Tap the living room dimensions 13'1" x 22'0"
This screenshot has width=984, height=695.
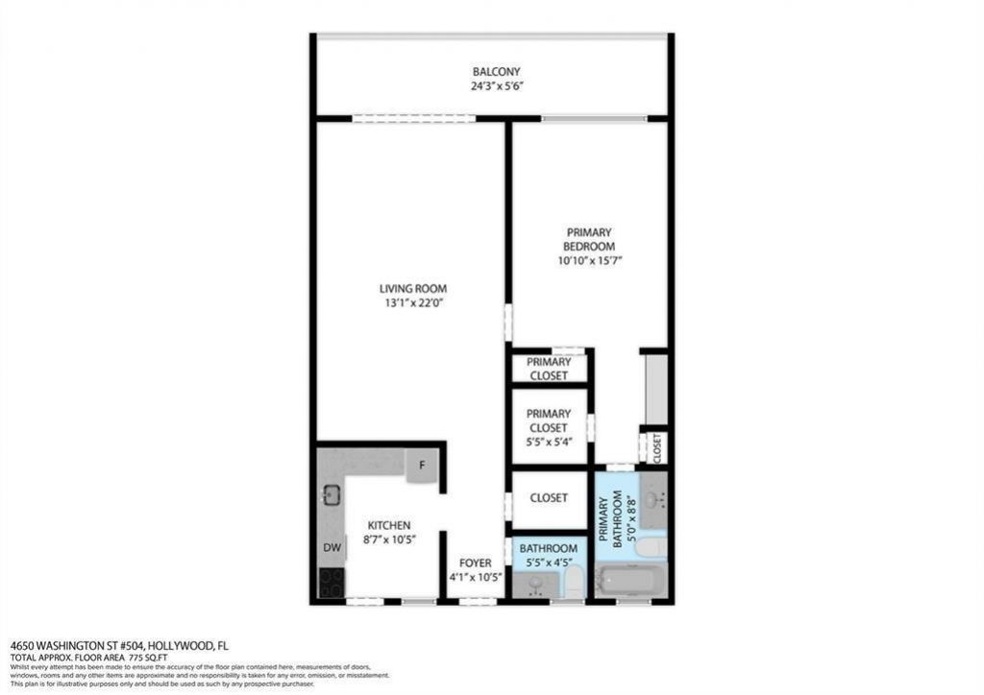tap(413, 303)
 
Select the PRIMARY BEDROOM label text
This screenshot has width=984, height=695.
tap(589, 239)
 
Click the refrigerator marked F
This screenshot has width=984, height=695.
tap(421, 466)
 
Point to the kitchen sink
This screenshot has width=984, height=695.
tap(332, 495)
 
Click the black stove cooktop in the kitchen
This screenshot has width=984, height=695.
tap(331, 583)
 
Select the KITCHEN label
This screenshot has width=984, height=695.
tap(389, 525)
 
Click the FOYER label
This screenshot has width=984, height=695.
tap(475, 563)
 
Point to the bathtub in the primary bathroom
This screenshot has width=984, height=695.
tap(630, 580)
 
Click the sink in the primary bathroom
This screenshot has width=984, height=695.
tap(652, 499)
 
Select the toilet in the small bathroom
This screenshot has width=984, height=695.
tap(574, 581)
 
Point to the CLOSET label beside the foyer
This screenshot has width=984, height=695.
tap(548, 498)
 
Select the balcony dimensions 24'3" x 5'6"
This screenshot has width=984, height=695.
tap(496, 85)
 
